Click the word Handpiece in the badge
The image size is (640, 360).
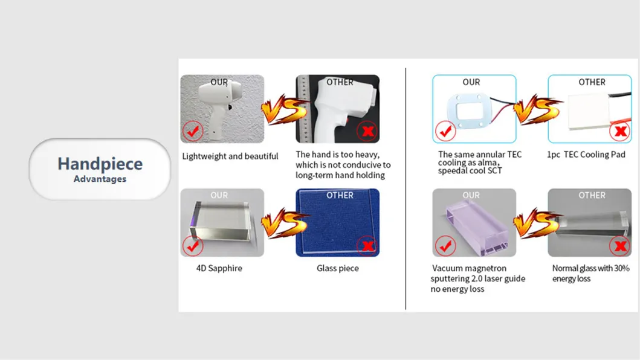[x=100, y=164]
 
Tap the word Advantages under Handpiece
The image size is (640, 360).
[x=100, y=179]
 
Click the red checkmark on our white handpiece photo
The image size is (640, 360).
[x=193, y=130]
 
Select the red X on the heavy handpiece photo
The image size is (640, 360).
[x=366, y=130]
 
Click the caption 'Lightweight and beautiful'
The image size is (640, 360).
[x=230, y=156]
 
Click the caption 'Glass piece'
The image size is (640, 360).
[x=337, y=268]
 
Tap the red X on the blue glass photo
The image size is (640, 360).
[x=366, y=245]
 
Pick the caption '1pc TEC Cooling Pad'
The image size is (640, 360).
[x=586, y=155]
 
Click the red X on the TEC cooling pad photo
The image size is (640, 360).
[x=618, y=130]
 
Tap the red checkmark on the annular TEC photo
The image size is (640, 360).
[x=445, y=130]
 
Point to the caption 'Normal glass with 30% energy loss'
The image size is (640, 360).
[x=590, y=273]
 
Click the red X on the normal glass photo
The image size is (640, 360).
[x=618, y=245]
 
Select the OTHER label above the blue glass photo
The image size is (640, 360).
[x=340, y=195]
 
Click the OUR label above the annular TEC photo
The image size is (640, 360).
[x=471, y=82]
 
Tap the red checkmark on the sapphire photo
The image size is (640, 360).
[x=193, y=245]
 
